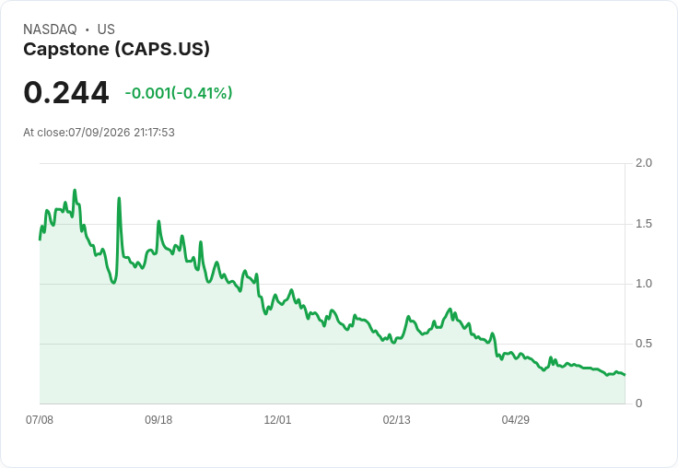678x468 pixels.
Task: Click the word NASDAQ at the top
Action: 50,29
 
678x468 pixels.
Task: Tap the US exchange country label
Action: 106,29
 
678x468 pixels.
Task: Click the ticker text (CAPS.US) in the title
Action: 162,50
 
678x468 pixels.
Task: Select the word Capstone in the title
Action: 66,50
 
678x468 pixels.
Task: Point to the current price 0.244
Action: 66,92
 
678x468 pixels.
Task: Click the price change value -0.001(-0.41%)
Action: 179,93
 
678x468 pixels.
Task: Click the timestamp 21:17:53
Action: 154,133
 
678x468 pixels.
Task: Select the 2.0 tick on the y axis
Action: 643,163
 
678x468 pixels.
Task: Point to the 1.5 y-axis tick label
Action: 643,224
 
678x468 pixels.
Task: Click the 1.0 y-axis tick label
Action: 643,284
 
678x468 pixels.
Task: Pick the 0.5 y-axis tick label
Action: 643,344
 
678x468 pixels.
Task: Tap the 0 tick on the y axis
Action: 638,404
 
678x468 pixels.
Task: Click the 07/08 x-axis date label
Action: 40,419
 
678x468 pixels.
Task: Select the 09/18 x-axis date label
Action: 158,419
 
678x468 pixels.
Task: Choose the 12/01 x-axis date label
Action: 277,419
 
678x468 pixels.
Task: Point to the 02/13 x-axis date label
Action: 396,419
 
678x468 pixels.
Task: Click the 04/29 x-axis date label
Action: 516,419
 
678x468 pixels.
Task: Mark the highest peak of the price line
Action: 75,190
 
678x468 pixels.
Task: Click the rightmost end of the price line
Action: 625,375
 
